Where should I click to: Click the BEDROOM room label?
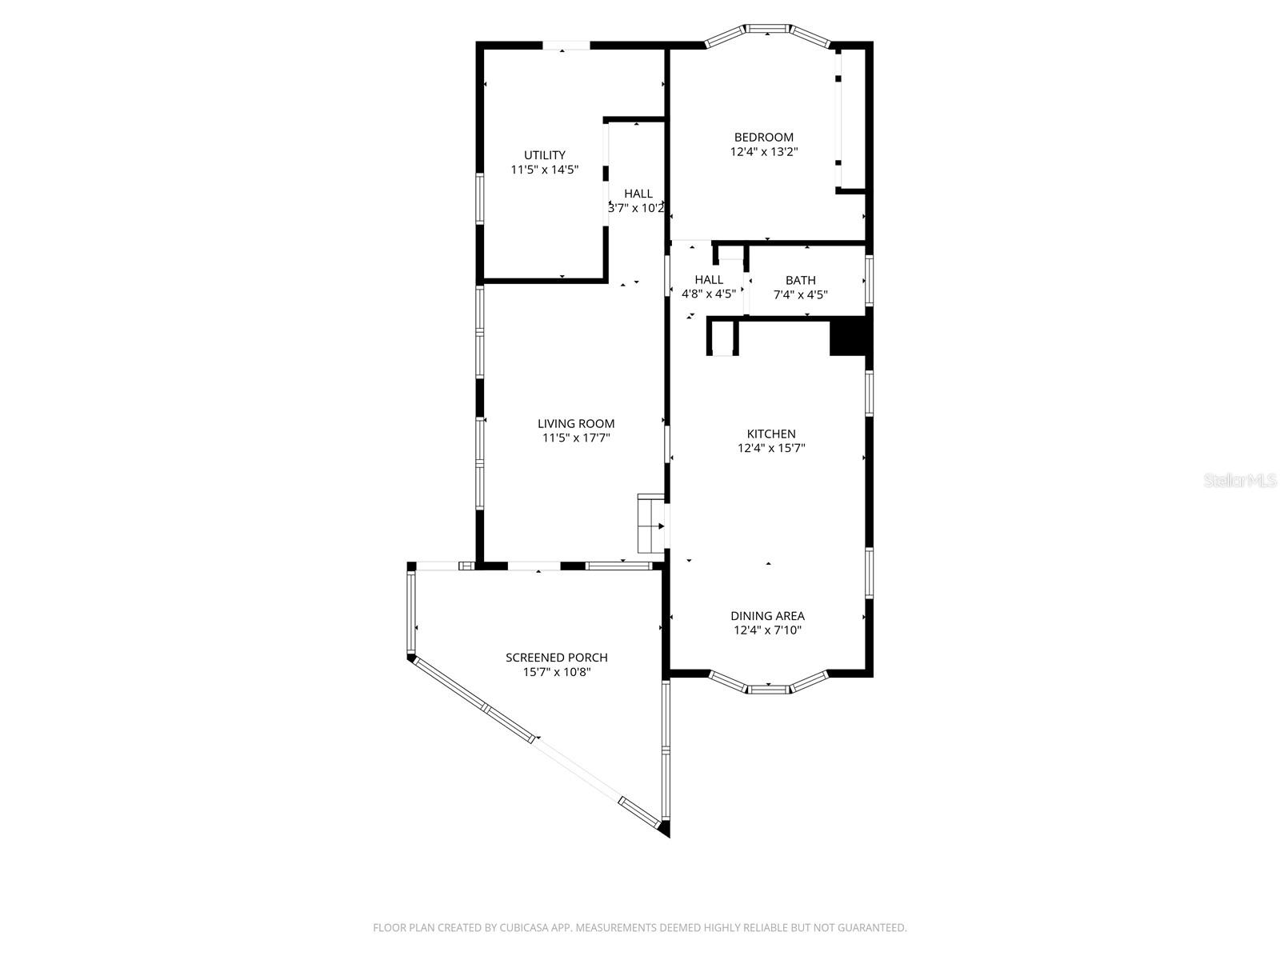[763, 137]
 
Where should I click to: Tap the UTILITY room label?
[544, 155]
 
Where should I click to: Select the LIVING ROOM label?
[575, 424]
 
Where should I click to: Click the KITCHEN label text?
[770, 434]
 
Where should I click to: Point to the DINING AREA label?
[766, 616]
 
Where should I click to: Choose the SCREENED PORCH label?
[556, 658]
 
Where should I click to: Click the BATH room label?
[800, 280]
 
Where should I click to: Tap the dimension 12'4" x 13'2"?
[763, 151]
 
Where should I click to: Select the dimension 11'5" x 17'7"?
[575, 438]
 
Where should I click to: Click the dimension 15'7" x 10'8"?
[556, 672]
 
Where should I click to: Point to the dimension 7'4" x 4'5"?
[800, 294]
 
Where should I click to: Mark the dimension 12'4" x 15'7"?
[770, 448]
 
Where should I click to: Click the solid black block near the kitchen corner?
[848, 336]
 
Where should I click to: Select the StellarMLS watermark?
[1240, 481]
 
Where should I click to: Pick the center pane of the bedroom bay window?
[768, 31]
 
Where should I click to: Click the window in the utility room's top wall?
[566, 46]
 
